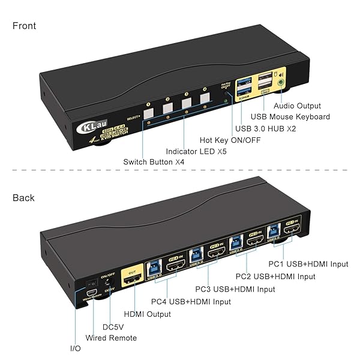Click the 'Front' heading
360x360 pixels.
click(x=24, y=26)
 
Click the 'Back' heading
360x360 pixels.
click(x=23, y=198)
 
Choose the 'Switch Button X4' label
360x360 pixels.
click(x=155, y=162)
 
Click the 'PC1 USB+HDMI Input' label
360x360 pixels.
click(x=308, y=264)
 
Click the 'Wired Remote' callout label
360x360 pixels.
click(x=112, y=338)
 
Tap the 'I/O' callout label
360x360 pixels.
click(x=74, y=349)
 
